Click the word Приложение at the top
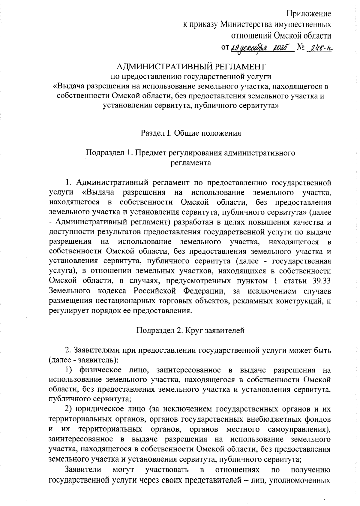[x=309, y=14]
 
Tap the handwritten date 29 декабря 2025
[x=261, y=48]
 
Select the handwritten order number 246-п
[x=320, y=48]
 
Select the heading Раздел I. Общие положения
[x=191, y=133]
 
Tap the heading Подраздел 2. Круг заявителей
[x=190, y=330]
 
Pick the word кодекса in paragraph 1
[x=112, y=291]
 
